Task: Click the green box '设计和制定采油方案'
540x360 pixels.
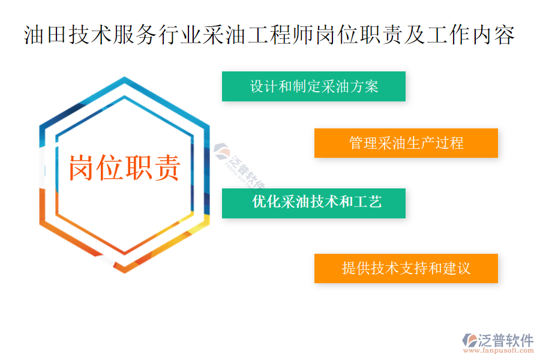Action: (x=313, y=86)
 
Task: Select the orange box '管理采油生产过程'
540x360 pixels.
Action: (x=406, y=143)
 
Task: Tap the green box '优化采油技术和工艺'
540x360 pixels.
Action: (x=313, y=203)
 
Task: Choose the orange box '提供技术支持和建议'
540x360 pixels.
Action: (x=406, y=268)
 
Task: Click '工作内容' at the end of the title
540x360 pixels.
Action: (x=471, y=35)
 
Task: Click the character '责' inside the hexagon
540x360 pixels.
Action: (x=167, y=168)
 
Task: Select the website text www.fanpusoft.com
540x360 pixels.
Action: (x=499, y=350)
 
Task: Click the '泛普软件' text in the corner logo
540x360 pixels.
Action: (x=506, y=340)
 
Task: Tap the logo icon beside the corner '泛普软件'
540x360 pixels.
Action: (x=469, y=340)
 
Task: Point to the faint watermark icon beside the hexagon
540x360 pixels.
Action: (x=221, y=151)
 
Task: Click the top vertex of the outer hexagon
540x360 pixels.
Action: (x=124, y=77)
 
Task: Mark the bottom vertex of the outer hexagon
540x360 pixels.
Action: (x=124, y=273)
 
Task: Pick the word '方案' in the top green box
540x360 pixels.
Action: (x=364, y=86)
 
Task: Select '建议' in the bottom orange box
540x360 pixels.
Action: (x=457, y=268)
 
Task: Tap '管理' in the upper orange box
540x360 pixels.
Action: (x=363, y=143)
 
